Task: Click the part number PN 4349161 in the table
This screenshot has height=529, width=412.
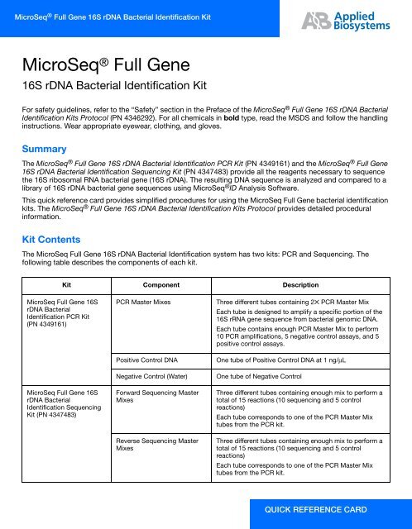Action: tap(55, 325)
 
